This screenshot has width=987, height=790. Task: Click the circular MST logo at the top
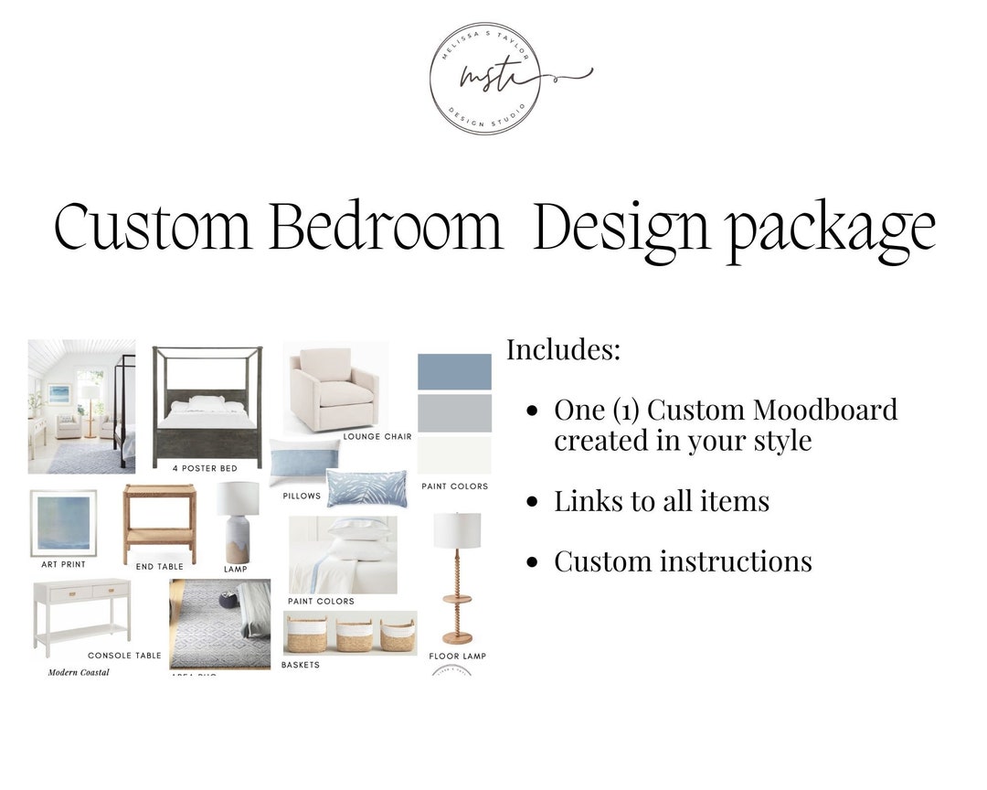coord(484,79)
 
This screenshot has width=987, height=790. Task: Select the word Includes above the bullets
coord(564,349)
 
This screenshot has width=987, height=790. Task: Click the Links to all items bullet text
coord(662,501)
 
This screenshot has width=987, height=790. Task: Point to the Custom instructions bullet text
coord(683,560)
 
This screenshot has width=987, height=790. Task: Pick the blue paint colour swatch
coord(454,372)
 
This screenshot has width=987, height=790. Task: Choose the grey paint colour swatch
coord(454,413)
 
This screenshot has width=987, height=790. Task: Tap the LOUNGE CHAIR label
coord(377,437)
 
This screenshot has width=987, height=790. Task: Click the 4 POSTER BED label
coord(205,468)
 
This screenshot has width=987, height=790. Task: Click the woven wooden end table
coord(159,522)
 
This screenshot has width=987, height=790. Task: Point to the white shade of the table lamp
coord(237,499)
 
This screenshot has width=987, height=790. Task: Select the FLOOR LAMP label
coord(457,656)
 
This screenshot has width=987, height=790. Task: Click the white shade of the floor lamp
coord(457,529)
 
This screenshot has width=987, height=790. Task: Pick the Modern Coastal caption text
coord(79,672)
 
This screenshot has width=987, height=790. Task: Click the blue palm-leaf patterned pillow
coord(366,487)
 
